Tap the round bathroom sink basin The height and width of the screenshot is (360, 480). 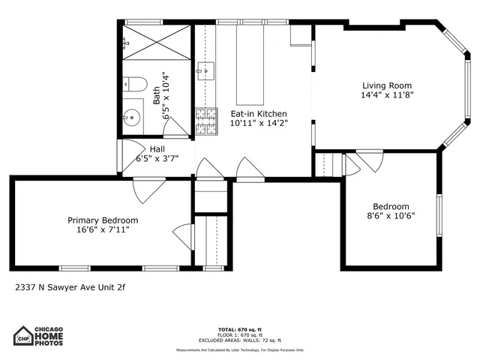pos(132,117)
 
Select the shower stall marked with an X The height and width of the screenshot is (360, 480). pos(156,41)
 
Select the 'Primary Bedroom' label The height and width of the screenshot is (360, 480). pos(103,220)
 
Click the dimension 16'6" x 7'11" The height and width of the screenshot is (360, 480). pos(103,229)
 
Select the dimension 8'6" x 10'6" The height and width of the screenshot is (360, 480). pos(391,216)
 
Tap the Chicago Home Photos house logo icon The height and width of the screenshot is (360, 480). pos(25,335)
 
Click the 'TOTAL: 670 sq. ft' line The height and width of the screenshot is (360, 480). pos(240,329)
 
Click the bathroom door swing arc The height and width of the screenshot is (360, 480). pos(175,127)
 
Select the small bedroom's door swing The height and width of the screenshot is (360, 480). pos(369,161)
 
